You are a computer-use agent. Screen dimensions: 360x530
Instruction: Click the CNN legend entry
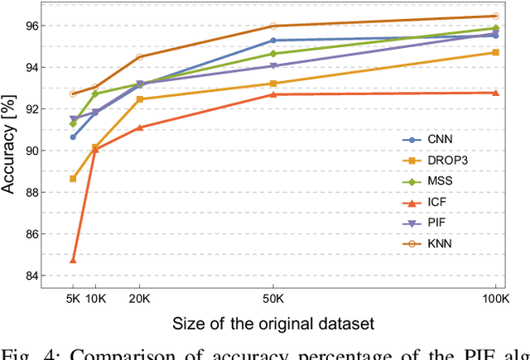tap(434, 140)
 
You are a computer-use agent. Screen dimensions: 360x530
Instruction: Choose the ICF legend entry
tap(433, 200)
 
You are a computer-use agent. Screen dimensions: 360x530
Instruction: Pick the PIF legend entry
tap(433, 221)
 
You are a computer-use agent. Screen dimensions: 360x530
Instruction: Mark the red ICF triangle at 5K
tap(73, 260)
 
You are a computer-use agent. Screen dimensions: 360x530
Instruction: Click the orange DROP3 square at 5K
tap(73, 178)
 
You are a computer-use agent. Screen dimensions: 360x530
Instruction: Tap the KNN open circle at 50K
tap(272, 26)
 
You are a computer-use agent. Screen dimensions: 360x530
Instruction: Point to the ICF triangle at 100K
tap(495, 93)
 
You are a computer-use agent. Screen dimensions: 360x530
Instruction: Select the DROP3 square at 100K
tap(495, 52)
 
